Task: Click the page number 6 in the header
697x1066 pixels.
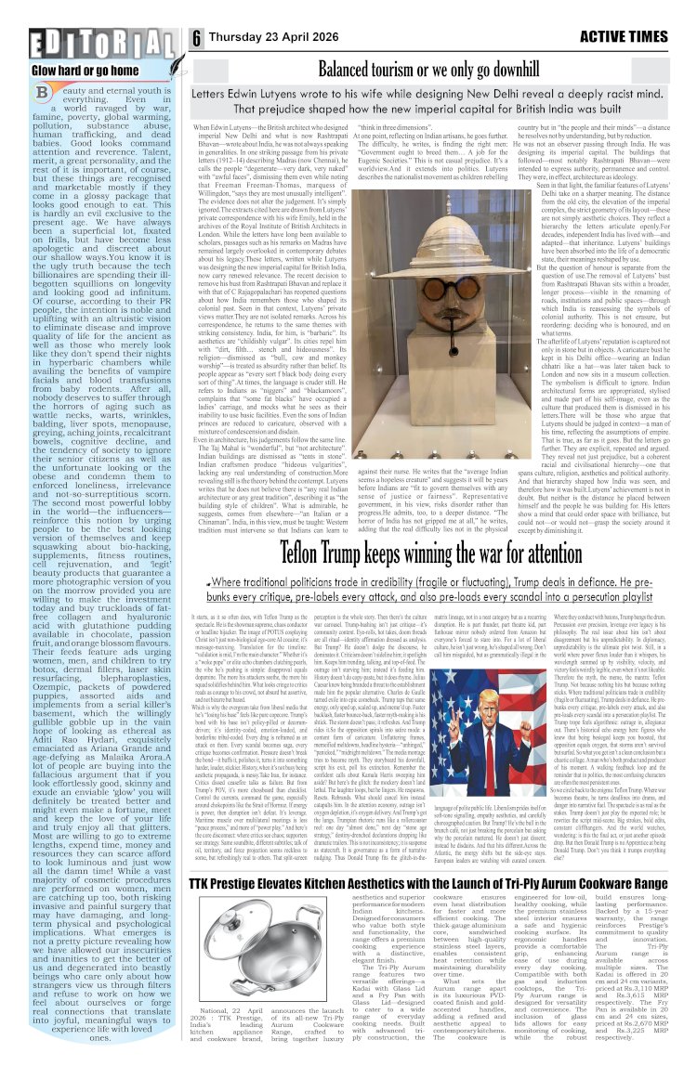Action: [x=197, y=37]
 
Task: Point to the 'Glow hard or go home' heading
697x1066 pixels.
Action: [x=59, y=70]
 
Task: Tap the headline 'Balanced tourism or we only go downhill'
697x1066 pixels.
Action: [x=436, y=68]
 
